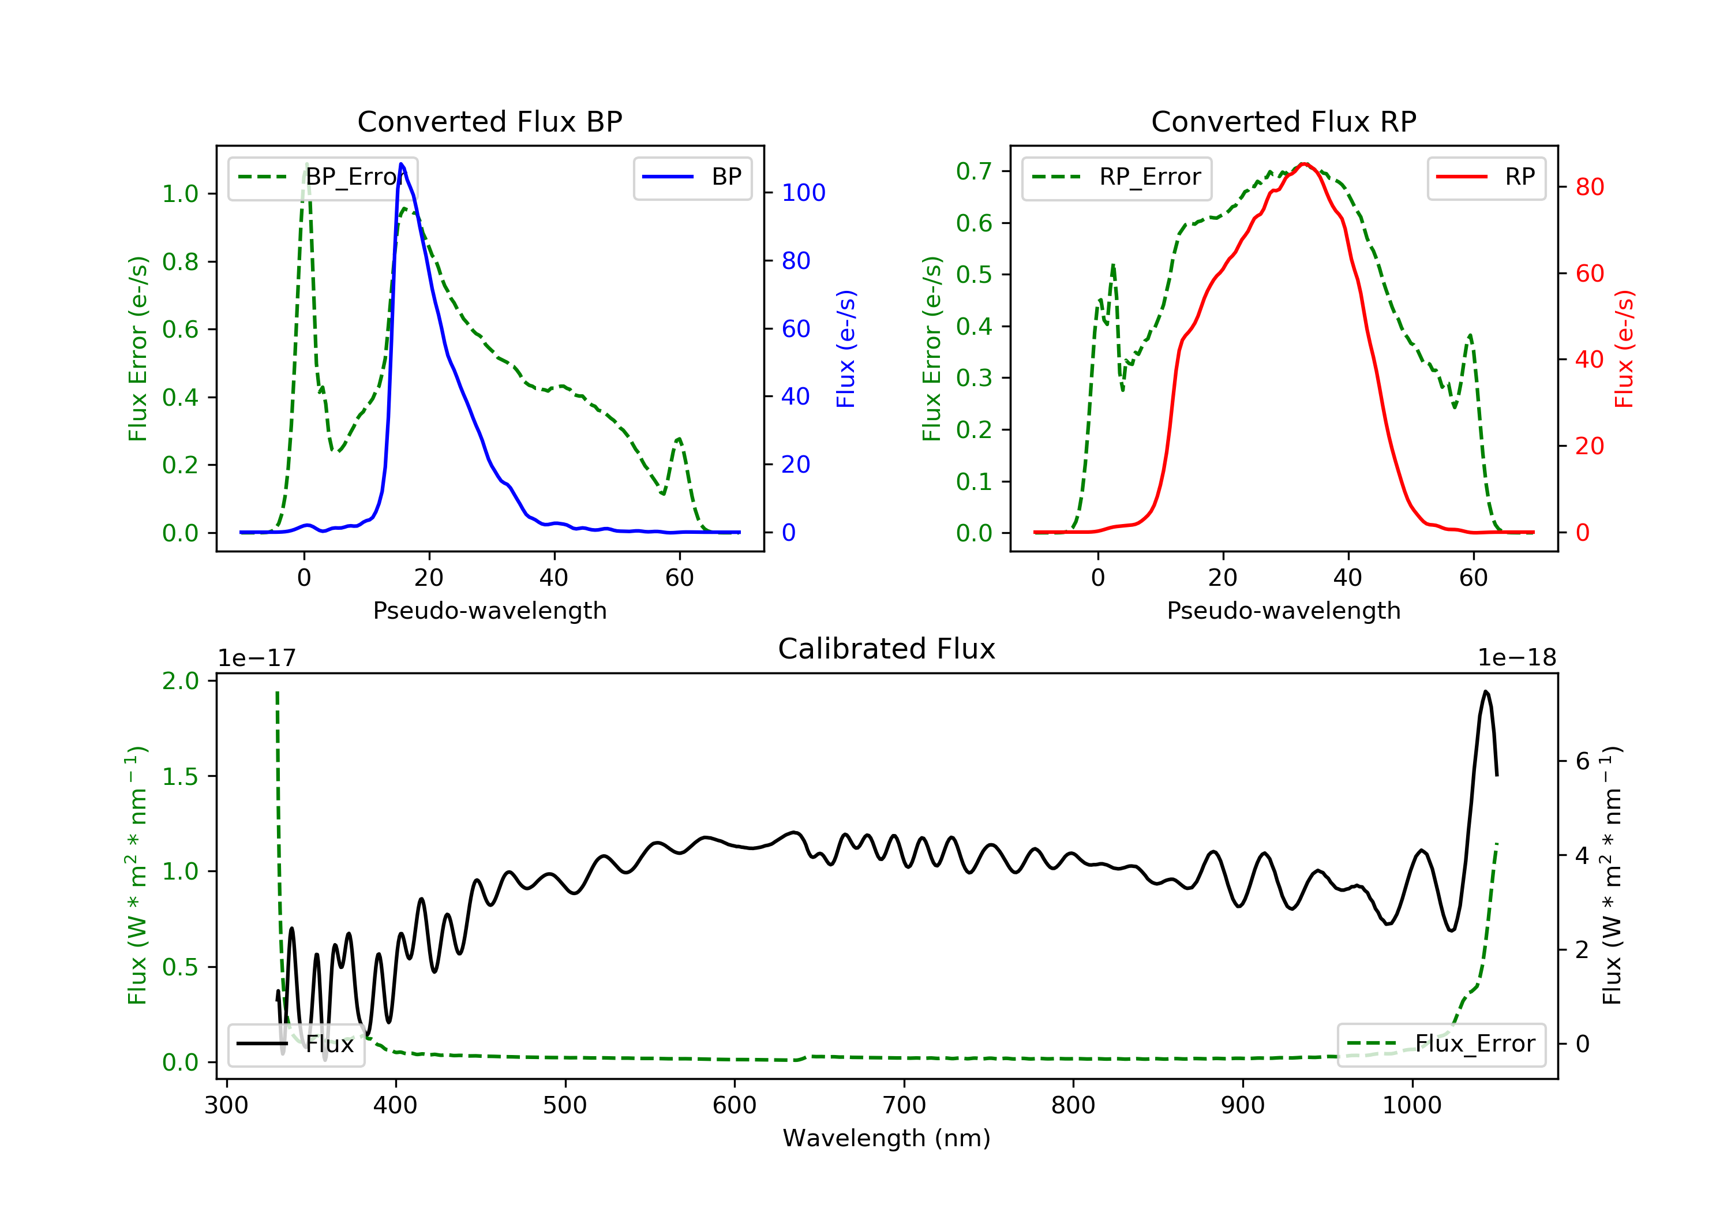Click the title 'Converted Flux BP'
coord(489,121)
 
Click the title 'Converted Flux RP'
coord(1283,121)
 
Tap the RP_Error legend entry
coord(1116,177)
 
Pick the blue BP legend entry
coord(692,177)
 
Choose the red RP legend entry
coord(1486,177)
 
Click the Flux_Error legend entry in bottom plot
coord(1441,1044)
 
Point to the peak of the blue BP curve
coord(401,164)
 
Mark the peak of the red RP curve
coord(1304,164)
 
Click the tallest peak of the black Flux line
coord(1485,691)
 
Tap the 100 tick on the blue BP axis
coord(803,193)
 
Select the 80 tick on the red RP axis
coord(1589,187)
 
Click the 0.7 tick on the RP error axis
coord(973,171)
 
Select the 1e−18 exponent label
coord(1516,658)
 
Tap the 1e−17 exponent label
coord(256,658)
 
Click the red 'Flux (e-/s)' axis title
coord(1624,349)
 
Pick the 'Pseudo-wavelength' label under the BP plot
coord(489,610)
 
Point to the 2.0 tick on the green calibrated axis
coord(180,681)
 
